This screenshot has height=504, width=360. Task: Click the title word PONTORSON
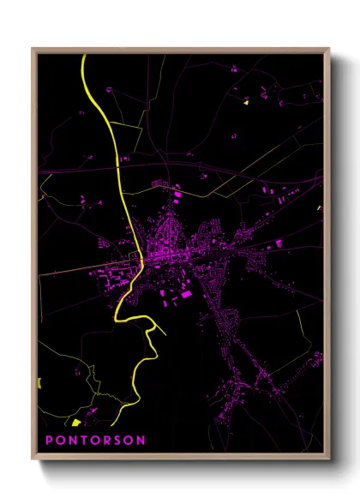[x=94, y=440]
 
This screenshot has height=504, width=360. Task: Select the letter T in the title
[x=82, y=440]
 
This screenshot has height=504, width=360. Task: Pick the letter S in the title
[x=117, y=440]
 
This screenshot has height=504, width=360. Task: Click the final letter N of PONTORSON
[x=141, y=440]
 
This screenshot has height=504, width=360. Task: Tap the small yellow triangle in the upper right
[x=245, y=102]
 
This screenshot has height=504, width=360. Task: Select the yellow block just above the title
[x=75, y=423]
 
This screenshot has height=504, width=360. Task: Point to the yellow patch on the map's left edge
[x=40, y=381]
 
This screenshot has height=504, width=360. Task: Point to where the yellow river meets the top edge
[x=84, y=55]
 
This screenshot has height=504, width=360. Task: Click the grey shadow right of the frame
[x=340, y=257]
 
